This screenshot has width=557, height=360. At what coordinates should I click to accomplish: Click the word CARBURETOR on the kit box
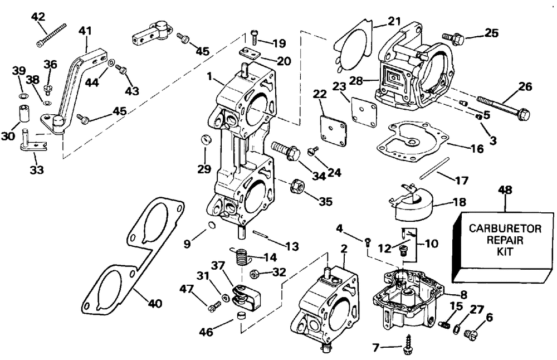505,228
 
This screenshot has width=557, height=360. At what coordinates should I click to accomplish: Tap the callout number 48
505,190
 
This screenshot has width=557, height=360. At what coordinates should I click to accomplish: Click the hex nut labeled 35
296,186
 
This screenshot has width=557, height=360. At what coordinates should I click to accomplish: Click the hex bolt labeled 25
453,38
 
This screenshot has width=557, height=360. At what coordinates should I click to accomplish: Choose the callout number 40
154,304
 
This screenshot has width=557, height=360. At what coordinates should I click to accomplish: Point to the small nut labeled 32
254,274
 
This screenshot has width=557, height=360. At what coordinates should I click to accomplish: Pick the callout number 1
209,76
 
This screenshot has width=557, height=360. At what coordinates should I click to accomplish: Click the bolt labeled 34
286,150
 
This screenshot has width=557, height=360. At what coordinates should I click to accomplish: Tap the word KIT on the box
505,251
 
